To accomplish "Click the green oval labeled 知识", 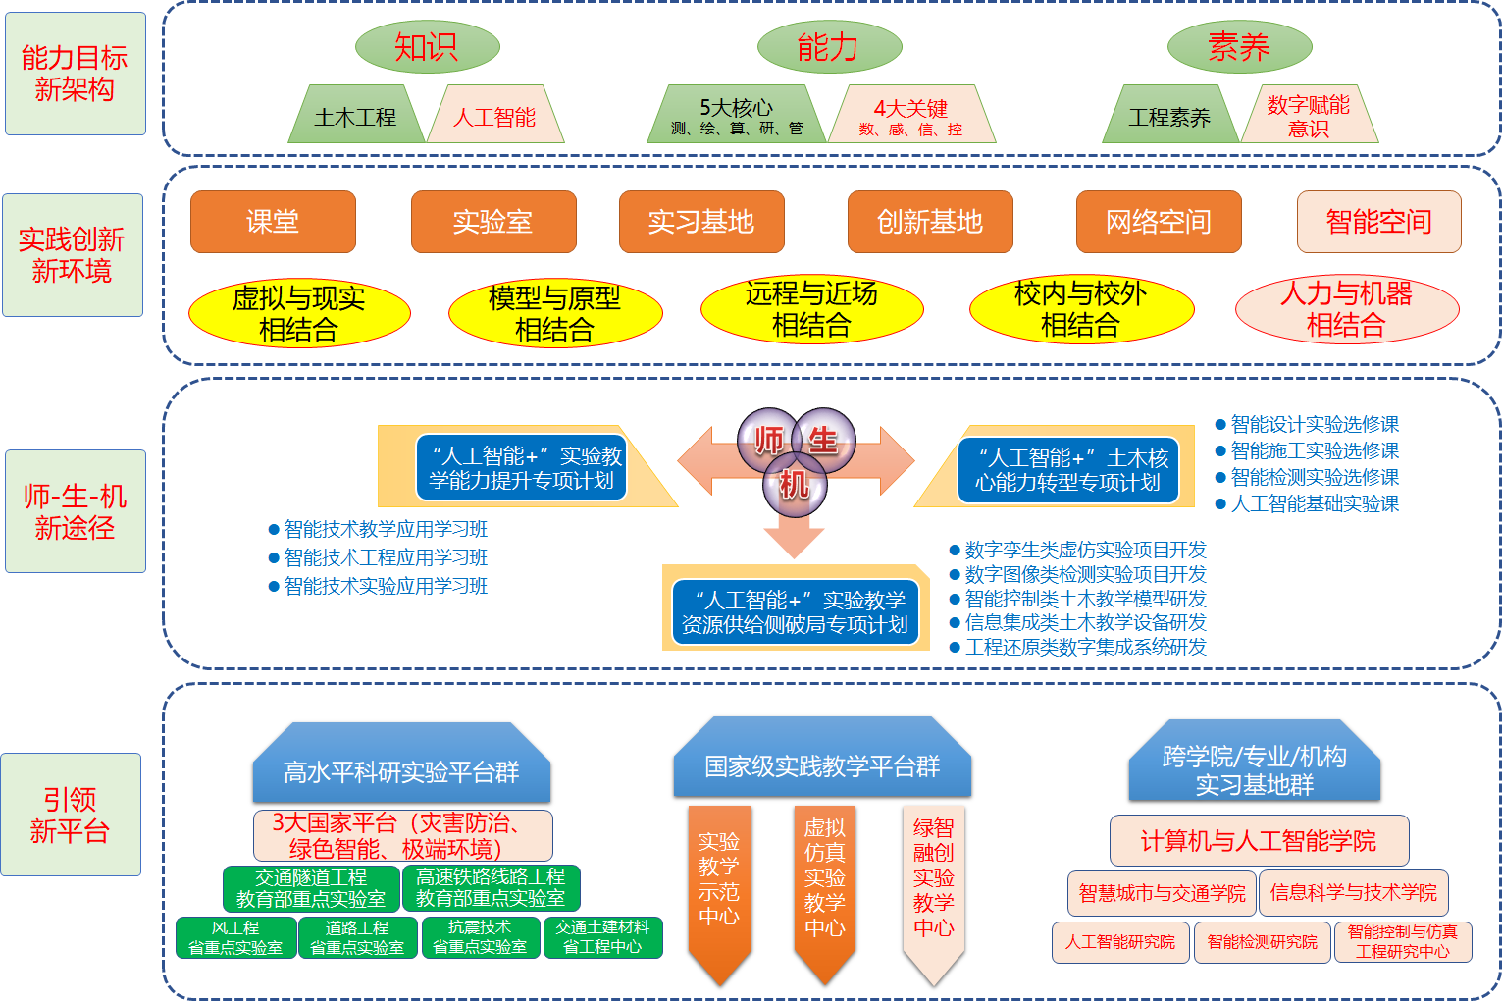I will (427, 46).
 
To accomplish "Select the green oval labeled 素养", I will (1239, 46).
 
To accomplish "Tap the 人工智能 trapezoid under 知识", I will (494, 117).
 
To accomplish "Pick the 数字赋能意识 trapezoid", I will (1308, 116).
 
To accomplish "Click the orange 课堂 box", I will (273, 222).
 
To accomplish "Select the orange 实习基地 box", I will (701, 222).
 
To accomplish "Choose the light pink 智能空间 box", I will (1378, 222).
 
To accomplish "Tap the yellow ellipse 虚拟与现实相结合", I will (299, 313).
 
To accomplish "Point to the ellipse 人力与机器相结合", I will (1347, 309).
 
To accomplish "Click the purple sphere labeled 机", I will (795, 484).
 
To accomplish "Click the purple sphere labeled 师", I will (767, 440).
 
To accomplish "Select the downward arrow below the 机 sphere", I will (794, 536).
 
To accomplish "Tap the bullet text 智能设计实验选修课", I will (1314, 424).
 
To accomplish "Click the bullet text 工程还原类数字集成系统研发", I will (1085, 647).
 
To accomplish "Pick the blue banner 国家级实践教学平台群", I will (822, 765).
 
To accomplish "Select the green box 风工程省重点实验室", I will (235, 937).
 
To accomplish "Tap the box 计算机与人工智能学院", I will (1259, 841).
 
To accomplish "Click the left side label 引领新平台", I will (71, 815).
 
